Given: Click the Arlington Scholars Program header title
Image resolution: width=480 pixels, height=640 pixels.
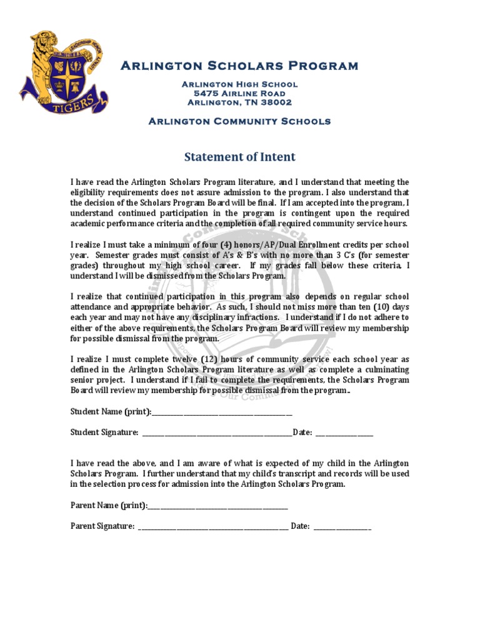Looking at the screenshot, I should point(239,66).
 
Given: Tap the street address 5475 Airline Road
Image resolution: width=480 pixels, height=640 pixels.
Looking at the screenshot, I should point(239,93).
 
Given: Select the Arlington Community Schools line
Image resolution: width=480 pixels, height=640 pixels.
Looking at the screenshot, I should point(239,121).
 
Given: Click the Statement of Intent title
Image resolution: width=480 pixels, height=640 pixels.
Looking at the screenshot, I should point(239,157).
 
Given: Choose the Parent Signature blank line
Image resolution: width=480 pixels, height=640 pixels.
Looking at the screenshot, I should point(213,527).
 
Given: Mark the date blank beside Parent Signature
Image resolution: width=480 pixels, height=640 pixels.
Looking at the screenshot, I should point(342,527).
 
